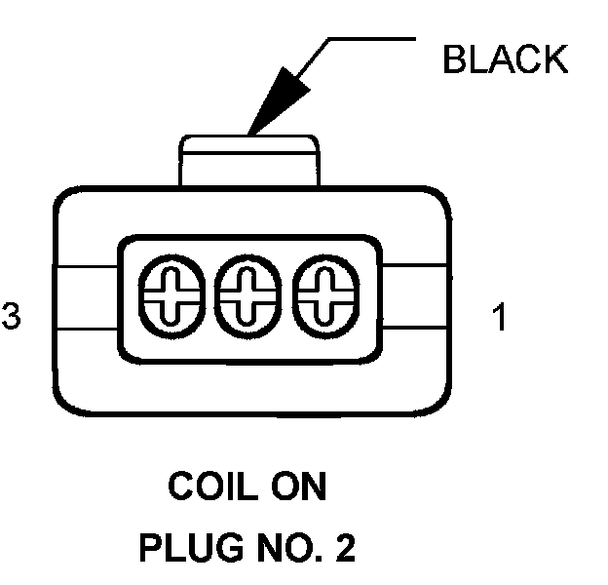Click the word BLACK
(504, 60)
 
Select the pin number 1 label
(500, 319)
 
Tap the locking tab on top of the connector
(247, 161)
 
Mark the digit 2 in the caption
(343, 548)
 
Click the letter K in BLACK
(553, 60)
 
